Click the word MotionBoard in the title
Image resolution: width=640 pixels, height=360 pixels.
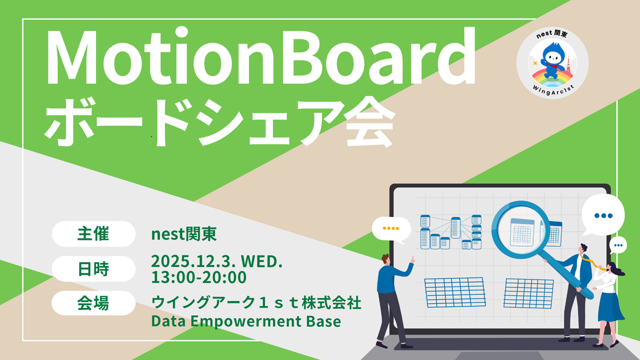(261, 56)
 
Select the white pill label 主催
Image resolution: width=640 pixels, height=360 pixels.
(93, 234)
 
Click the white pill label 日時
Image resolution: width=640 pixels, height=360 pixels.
(93, 269)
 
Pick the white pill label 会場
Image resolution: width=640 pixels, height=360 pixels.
(93, 303)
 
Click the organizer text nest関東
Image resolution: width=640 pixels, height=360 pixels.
(183, 234)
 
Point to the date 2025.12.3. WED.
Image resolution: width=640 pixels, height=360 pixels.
(217, 261)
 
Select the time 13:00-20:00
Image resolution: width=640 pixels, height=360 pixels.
(198, 277)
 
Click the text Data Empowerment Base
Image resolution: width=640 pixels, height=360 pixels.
(246, 321)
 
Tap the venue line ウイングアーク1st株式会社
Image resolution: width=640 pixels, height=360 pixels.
(257, 303)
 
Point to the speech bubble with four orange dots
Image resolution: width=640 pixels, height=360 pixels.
(391, 230)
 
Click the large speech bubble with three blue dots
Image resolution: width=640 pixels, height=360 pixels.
(603, 215)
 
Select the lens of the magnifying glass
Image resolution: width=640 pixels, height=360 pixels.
(521, 230)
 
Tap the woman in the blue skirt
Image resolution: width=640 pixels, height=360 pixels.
(609, 305)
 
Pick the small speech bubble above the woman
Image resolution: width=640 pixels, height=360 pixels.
(618, 245)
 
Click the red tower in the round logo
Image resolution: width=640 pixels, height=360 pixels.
(569, 65)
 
